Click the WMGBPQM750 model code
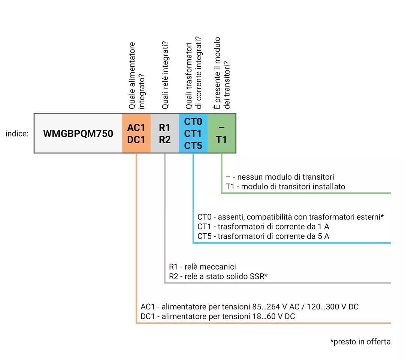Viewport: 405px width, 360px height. click(78, 134)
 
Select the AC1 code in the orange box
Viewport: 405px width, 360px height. click(136, 127)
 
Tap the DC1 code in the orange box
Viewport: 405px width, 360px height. click(136, 139)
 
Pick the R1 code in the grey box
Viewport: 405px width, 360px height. click(164, 127)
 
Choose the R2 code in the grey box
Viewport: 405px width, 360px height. click(164, 139)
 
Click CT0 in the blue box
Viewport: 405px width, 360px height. click(193, 121)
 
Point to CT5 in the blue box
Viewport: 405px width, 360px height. click(193, 145)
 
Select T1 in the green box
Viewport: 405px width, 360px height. click(221, 139)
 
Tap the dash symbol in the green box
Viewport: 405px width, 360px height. click(222, 127)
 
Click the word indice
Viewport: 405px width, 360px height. click(17, 134)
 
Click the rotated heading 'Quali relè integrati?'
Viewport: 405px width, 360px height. click(165, 75)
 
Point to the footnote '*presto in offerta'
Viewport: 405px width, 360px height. click(360, 342)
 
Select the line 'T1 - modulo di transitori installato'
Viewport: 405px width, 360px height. click(285, 187)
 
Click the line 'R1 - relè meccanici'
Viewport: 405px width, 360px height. click(202, 267)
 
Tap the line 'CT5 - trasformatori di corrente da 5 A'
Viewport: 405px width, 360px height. click(263, 236)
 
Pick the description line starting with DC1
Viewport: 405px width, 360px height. click(218, 316)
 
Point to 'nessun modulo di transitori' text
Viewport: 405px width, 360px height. click(285, 177)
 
